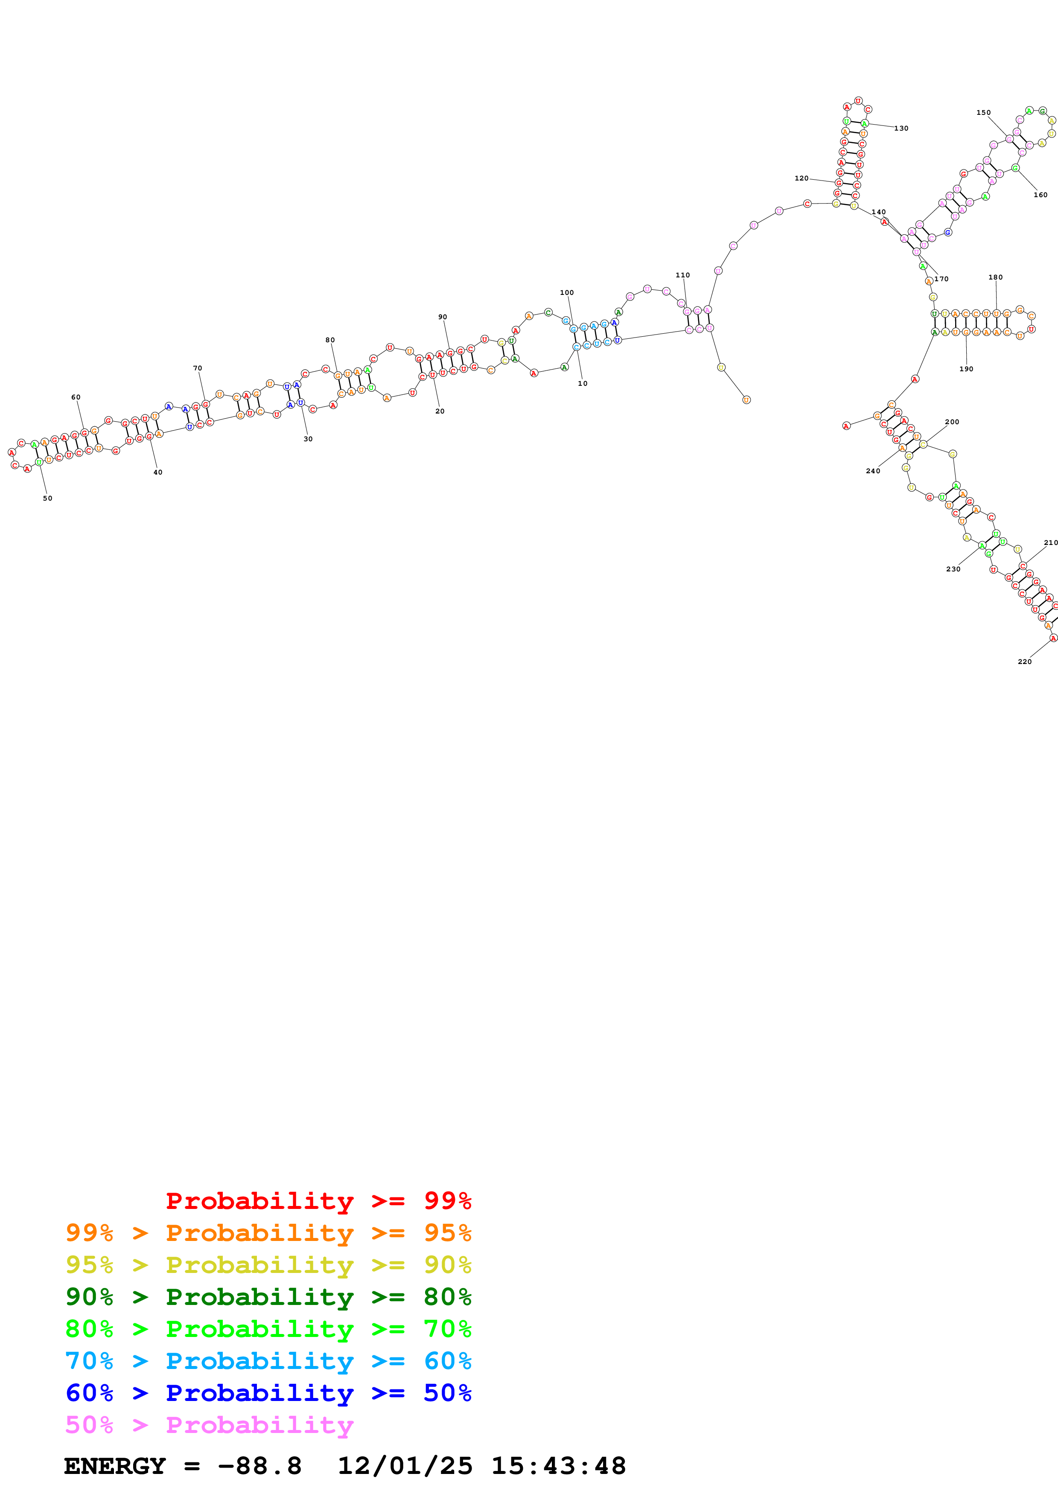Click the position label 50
(x=48, y=498)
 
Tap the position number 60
(x=76, y=397)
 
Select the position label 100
(x=566, y=293)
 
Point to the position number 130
(x=901, y=128)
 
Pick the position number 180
(x=995, y=277)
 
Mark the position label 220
(x=1024, y=662)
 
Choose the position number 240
(x=872, y=471)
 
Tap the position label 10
(x=582, y=383)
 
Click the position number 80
(x=330, y=340)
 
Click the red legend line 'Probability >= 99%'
(x=318, y=1201)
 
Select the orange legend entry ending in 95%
(x=268, y=1233)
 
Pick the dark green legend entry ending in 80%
(x=268, y=1297)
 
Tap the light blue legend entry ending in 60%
(x=268, y=1361)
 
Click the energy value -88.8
(x=259, y=1466)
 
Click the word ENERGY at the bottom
(x=115, y=1466)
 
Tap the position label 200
(x=951, y=422)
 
